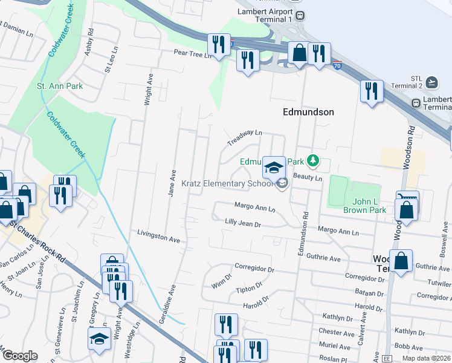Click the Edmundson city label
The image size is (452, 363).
tap(308, 112)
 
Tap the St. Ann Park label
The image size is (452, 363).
tap(60, 87)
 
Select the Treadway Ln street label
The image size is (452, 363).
tap(245, 137)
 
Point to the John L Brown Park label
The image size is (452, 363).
tap(364, 206)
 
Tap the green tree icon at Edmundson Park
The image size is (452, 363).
tap(312, 161)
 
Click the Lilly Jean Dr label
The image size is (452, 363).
tap(242, 224)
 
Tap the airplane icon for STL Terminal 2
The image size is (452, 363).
tap(431, 82)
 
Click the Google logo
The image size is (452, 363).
tap(20, 356)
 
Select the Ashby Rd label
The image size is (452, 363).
tap(89, 41)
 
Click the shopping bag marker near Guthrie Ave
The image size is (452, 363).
tap(401, 261)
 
